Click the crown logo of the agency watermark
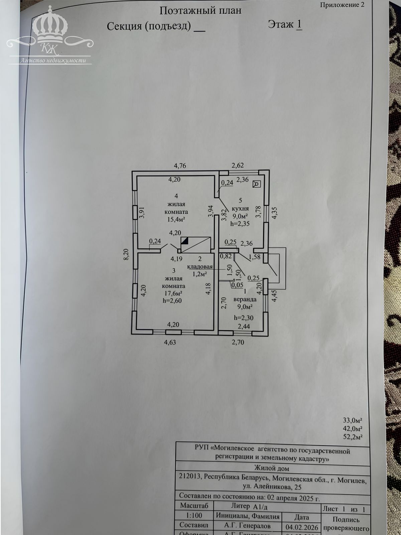coord(50,28)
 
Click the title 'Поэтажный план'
coord(200,11)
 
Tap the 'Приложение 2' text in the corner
coord(342,5)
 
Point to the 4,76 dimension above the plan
coord(180,165)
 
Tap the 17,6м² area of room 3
coord(173,293)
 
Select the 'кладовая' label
coord(200,267)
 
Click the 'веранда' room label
coord(245,299)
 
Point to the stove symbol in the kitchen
coord(257,184)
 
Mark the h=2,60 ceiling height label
coord(172,301)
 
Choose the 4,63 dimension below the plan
coord(170,342)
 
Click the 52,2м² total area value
coord(353,437)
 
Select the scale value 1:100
coord(194,516)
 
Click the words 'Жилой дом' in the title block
coord(272,468)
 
